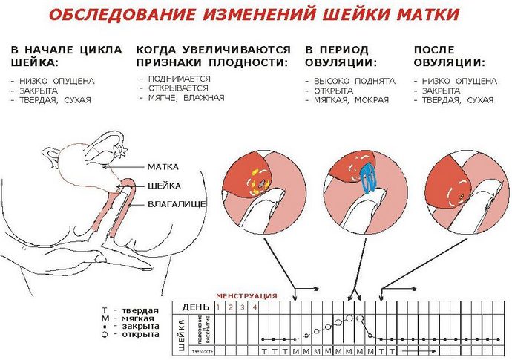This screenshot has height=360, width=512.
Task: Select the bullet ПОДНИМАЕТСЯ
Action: point(179,77)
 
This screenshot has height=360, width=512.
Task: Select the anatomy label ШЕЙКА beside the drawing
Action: point(164,186)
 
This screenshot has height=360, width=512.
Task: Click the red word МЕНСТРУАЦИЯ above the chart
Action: point(246,296)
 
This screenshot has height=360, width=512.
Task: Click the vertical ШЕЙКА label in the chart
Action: point(181,333)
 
